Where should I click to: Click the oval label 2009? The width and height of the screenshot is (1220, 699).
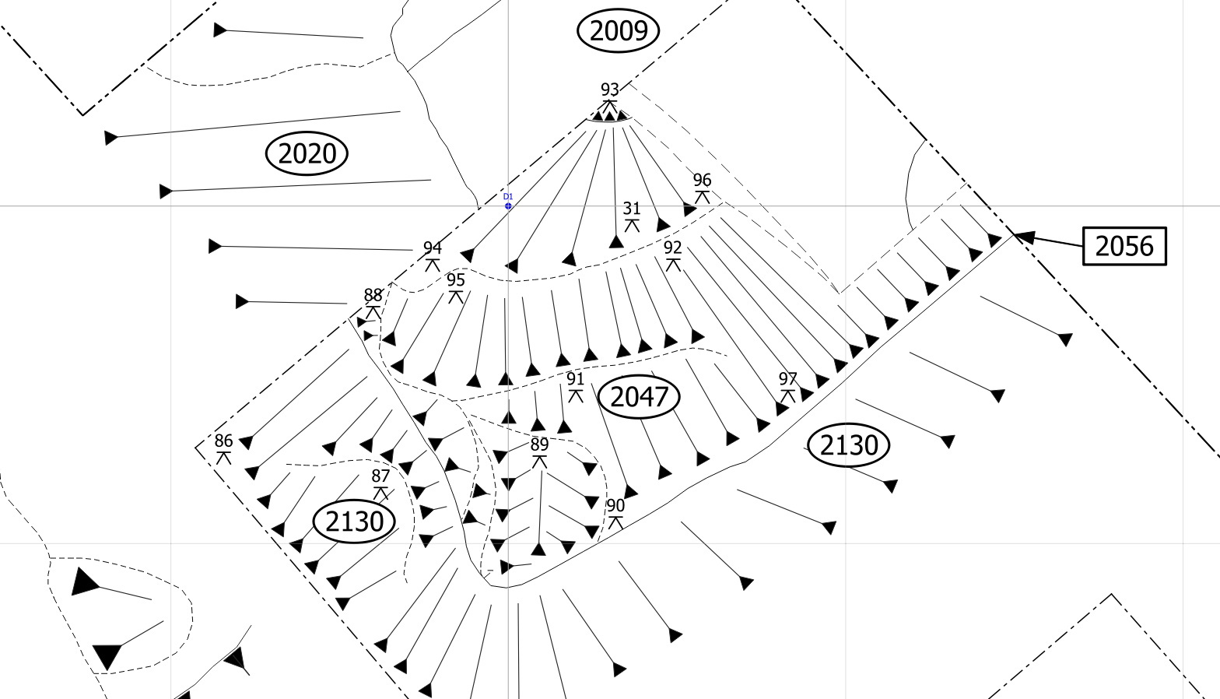618,30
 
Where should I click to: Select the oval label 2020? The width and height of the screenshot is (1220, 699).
307,153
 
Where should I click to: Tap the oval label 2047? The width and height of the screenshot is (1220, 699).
639,397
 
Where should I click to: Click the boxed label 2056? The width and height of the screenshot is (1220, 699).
1125,246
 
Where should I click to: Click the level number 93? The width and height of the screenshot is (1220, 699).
610,89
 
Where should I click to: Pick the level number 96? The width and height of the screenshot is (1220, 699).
702,179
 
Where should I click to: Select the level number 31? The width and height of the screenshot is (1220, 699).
631,208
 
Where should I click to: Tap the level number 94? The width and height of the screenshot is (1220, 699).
433,248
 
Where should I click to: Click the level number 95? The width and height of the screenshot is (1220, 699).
456,279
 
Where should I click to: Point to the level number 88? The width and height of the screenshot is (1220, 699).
373,295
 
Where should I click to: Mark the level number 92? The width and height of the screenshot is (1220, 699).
672,248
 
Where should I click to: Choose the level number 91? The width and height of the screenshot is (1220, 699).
575,378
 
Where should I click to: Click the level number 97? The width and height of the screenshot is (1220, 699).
787,378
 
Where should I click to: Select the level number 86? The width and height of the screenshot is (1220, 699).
224,441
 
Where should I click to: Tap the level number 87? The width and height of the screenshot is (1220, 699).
380,476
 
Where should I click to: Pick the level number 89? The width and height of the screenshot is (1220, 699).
539,444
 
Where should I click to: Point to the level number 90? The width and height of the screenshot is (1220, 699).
615,505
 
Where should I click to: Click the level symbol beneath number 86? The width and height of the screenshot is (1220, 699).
224,458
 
